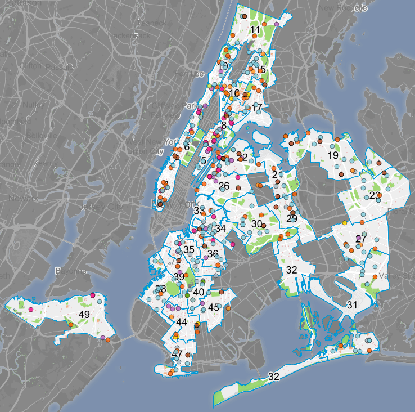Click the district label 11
tap(256, 30)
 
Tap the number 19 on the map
tap(333, 155)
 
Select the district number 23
tap(375, 196)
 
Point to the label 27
tap(361, 239)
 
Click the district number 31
tap(352, 304)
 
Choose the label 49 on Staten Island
tap(84, 314)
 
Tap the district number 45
tap(213, 307)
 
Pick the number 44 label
tap(181, 322)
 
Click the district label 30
tap(256, 224)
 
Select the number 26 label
tap(224, 186)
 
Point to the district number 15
tap(260, 70)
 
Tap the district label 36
tap(213, 254)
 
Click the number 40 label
tap(199, 292)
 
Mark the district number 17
tap(258, 107)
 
